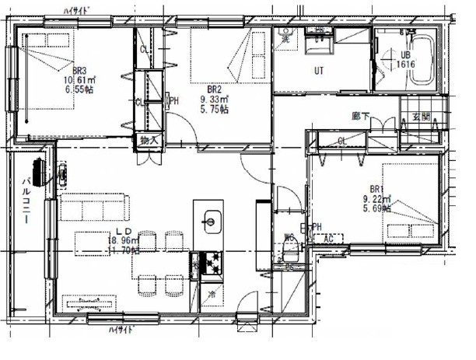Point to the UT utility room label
[x=319, y=71]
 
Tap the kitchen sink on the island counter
[x=209, y=221]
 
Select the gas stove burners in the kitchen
[x=210, y=264]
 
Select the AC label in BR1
[x=328, y=238]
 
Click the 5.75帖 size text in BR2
[x=213, y=110]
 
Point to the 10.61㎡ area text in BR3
[x=80, y=79]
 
